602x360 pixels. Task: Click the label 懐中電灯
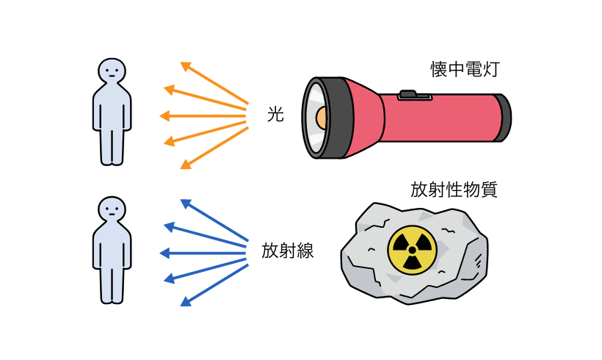465,70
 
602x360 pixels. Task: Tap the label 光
275,115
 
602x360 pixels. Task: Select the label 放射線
288,251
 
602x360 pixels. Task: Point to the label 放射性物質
454,190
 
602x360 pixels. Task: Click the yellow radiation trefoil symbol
412,250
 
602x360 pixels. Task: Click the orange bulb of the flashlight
322,118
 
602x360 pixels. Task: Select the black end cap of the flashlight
505,118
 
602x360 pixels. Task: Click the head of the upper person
112,71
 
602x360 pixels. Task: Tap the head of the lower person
112,209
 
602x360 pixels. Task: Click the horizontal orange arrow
203,115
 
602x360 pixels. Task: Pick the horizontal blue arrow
203,253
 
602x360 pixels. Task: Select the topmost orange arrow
214,83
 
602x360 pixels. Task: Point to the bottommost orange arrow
214,148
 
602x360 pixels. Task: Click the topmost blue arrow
214,220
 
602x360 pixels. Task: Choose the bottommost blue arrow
214,286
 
